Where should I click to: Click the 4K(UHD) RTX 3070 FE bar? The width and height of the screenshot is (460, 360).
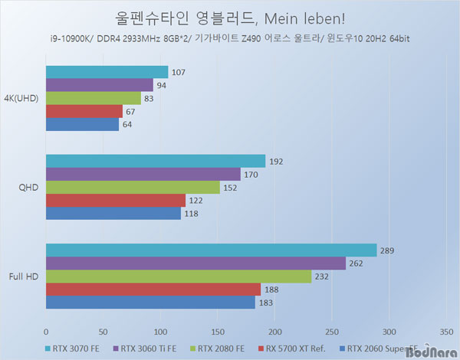tap(107, 72)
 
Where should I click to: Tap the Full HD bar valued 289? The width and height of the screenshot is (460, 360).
tap(211, 250)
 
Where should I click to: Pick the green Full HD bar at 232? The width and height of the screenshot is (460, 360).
tap(179, 276)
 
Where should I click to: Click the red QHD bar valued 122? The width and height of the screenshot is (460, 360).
tap(115, 200)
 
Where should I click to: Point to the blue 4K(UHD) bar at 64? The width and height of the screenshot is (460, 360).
tap(82, 124)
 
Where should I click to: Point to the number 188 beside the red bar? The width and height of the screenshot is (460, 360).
tap(272, 289)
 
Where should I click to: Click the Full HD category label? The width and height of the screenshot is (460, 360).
tap(25, 276)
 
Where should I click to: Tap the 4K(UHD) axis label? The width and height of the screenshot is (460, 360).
tap(24, 98)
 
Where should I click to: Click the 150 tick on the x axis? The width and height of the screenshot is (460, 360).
tap(217, 332)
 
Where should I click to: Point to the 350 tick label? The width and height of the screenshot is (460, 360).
tap(445, 332)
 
